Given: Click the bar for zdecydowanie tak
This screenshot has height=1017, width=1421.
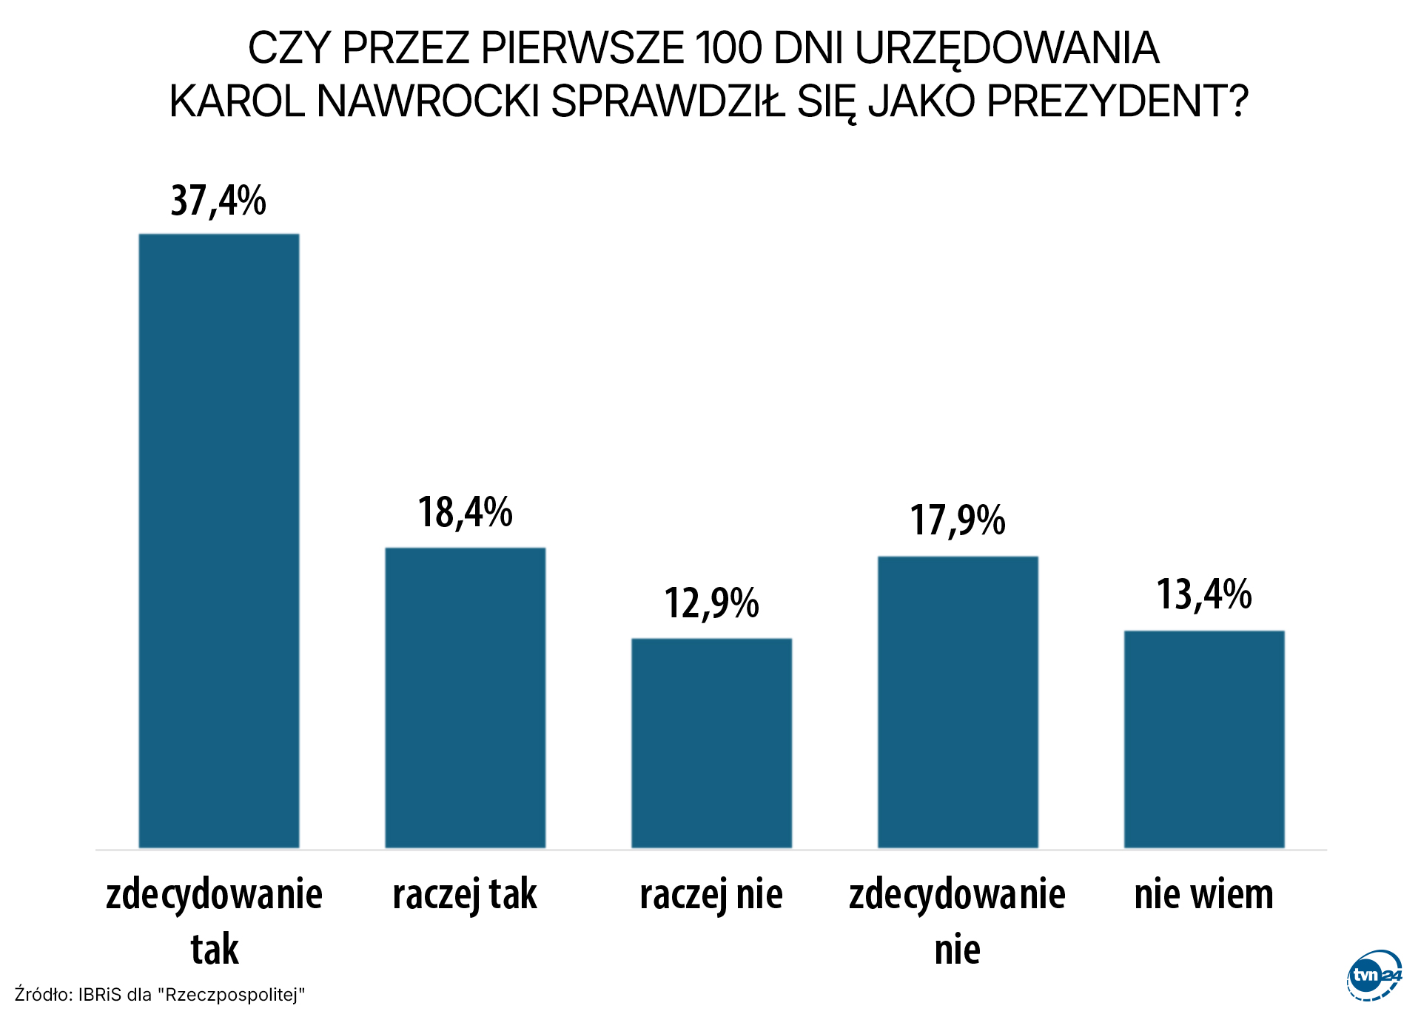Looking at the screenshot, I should [219, 540].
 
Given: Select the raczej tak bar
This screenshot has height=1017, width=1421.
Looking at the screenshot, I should [466, 697].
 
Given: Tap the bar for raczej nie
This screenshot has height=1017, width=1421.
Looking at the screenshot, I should [711, 742].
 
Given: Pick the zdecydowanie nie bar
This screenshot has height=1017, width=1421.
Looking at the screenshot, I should [958, 702].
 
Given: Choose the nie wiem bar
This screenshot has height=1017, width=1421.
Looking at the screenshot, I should [1204, 739].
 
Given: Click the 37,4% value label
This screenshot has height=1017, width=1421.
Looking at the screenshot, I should [218, 201].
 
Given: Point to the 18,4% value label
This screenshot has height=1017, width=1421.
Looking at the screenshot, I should [466, 512].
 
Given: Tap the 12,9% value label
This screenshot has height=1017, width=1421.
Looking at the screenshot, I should [711, 603].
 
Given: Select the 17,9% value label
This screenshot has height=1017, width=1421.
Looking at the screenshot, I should [958, 520].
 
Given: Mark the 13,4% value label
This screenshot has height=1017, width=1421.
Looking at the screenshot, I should [1204, 594].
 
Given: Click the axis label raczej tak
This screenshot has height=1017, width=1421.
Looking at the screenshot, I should [465, 894].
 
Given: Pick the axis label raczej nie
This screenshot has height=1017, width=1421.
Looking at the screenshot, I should [711, 894].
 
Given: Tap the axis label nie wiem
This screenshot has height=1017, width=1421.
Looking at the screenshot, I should [1204, 894].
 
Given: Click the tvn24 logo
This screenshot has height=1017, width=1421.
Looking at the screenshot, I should [1374, 976].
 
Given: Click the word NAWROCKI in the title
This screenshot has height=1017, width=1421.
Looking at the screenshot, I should [428, 101].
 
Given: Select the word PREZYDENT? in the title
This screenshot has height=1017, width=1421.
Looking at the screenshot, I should [1118, 101].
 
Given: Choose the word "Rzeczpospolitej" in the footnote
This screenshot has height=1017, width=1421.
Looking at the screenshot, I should [233, 994].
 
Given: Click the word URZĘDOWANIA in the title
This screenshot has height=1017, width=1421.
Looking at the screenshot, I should [1007, 49].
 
